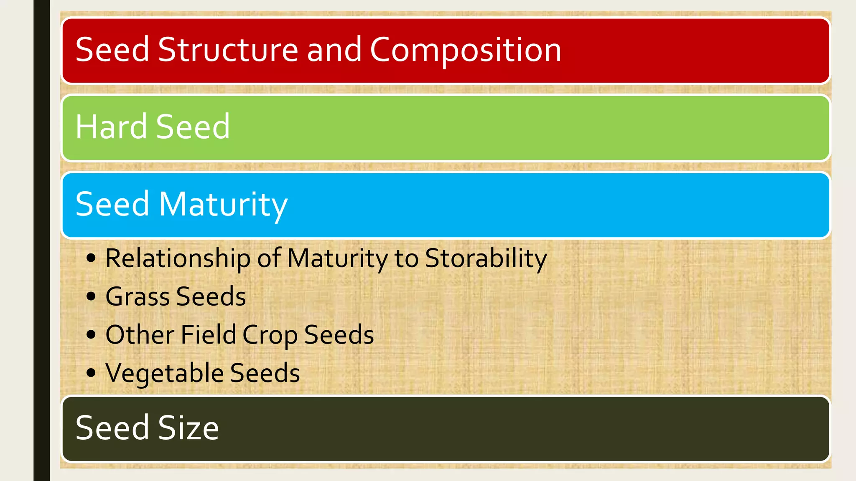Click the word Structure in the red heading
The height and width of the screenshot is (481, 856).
coord(228,50)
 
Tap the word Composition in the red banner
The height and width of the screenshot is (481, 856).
coord(465,50)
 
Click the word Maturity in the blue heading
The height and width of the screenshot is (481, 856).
coord(223,205)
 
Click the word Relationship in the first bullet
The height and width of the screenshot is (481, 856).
coord(178,258)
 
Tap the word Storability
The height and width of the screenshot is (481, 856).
coord(486,258)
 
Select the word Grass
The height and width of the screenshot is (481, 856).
coord(138,297)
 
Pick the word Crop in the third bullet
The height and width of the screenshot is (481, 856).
coord(270,335)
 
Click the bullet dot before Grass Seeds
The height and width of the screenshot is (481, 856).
coord(91,296)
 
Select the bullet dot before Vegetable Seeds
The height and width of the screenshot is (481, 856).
coord(91,372)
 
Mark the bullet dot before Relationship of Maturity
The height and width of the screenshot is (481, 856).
coord(91,258)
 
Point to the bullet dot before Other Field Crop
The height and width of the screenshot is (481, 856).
coord(91,334)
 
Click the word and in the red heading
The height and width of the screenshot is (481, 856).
coord(334,50)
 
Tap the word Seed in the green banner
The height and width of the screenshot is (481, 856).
coord(193,127)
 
